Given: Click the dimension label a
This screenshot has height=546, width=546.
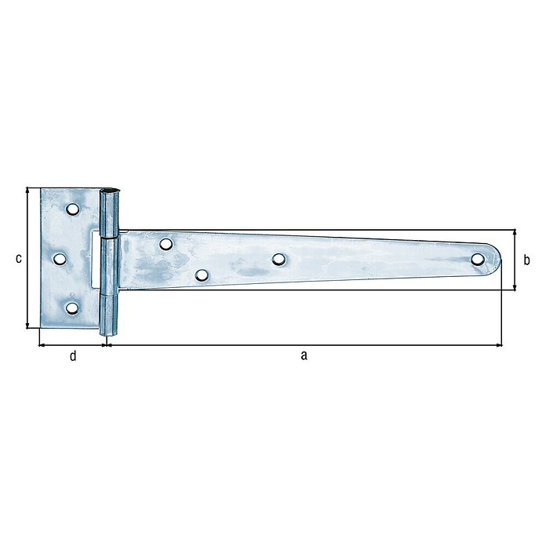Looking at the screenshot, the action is (x=304, y=356).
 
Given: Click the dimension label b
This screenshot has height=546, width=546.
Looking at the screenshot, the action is (x=527, y=260).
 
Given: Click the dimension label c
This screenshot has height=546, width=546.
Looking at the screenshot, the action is (x=19, y=259).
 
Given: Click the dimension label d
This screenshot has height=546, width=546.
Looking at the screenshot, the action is (x=73, y=356).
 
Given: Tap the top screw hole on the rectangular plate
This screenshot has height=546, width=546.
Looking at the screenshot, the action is (x=72, y=209).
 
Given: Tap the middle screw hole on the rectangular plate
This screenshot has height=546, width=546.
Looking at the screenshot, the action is (x=60, y=259).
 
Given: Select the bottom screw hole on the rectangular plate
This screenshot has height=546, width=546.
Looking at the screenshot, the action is (x=72, y=308).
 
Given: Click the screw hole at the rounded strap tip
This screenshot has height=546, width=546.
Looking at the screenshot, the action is (x=478, y=259).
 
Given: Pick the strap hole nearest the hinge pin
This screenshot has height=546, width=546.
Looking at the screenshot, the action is (x=166, y=244).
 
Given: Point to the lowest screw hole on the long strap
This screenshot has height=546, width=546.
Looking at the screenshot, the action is (x=202, y=275).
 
